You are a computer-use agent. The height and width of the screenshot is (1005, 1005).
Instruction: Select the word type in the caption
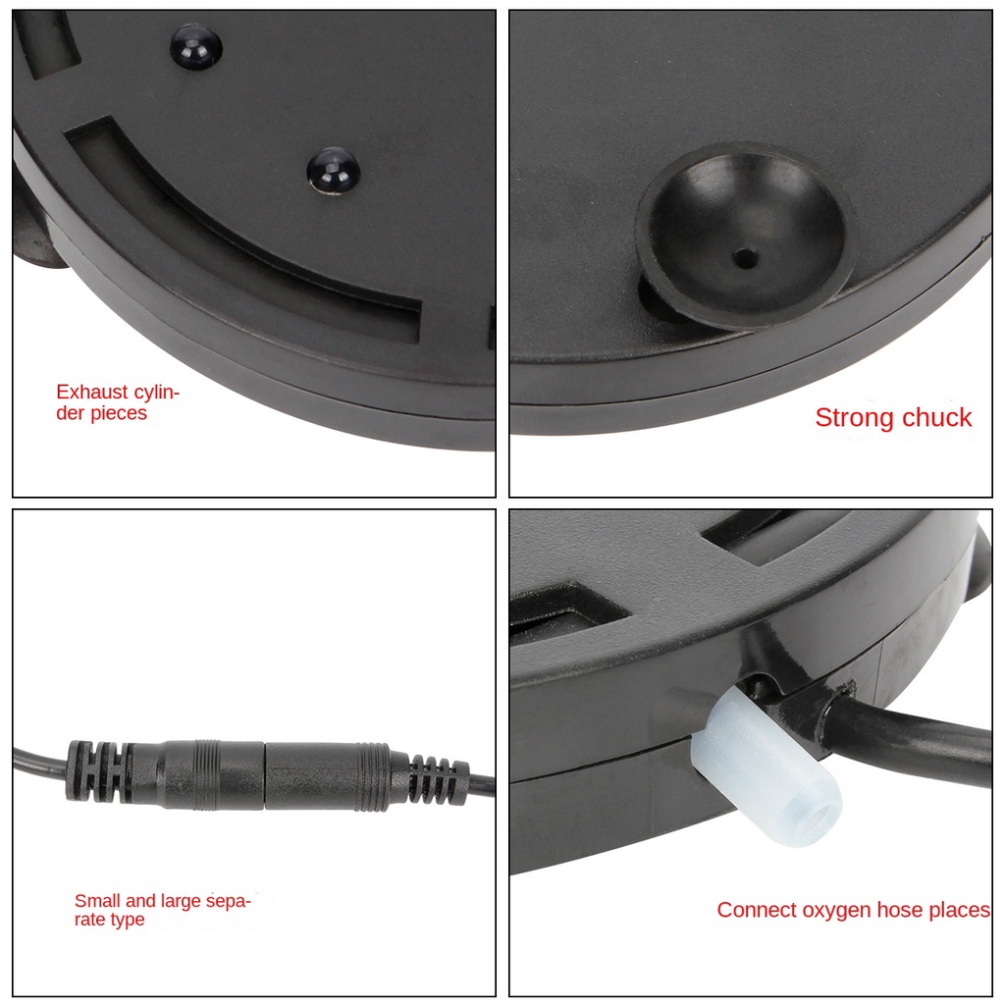click(128, 921)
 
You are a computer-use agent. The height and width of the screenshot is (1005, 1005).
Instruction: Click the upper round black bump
click(196, 47)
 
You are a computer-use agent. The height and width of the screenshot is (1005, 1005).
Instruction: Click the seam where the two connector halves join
click(265, 774)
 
